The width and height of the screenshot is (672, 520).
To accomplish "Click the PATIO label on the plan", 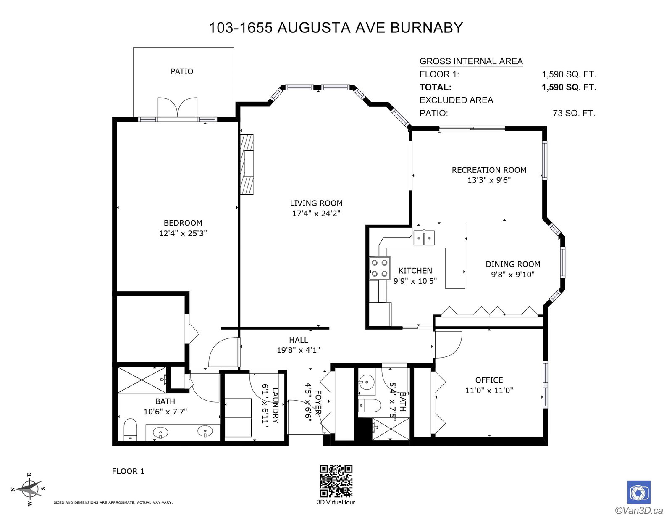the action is [x=182, y=71].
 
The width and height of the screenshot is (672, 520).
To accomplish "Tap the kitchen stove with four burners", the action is [x=379, y=268].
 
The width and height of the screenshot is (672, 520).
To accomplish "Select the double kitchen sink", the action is [x=424, y=238].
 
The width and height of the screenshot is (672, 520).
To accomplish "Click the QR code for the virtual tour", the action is [x=336, y=481].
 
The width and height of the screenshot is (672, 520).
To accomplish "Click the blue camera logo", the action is [x=639, y=492].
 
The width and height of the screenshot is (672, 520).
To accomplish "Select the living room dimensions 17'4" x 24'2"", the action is [x=316, y=213].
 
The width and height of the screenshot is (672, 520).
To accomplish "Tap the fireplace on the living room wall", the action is [x=247, y=164].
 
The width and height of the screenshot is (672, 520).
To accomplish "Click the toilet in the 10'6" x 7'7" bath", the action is [x=130, y=429].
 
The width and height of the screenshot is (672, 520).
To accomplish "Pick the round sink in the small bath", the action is [x=367, y=383].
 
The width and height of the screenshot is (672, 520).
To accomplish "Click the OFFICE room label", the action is [x=489, y=380].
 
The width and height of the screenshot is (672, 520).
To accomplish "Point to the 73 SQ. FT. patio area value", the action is [x=574, y=113].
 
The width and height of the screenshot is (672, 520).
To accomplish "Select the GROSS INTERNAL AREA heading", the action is [x=471, y=61].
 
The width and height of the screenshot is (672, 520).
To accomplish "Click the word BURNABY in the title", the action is [x=426, y=28].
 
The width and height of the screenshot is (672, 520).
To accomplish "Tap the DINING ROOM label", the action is [x=513, y=264].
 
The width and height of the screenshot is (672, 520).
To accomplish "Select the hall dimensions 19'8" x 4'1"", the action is [x=298, y=350].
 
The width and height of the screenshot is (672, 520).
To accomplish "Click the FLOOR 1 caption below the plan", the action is [x=128, y=471].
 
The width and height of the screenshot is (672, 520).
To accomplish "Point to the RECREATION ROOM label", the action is [x=488, y=170].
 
